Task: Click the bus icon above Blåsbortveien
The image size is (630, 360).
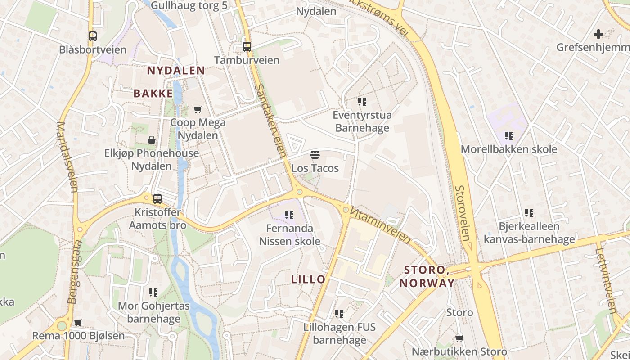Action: click(x=93, y=36)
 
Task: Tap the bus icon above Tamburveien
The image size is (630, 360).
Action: click(x=247, y=46)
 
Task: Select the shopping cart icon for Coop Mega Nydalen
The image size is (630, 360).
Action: click(x=198, y=109)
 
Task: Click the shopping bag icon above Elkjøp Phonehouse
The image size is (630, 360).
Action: click(x=152, y=140)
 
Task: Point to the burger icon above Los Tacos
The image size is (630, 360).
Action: click(x=315, y=155)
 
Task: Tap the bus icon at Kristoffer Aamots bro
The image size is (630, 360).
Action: click(x=157, y=198)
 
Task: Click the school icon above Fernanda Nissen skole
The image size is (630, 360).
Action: click(x=289, y=215)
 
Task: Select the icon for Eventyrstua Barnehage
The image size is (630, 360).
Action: click(x=362, y=102)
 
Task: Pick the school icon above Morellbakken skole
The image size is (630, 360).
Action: click(x=509, y=135)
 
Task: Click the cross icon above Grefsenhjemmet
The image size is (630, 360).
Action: click(x=598, y=34)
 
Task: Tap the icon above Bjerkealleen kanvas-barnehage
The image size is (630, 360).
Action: click(x=529, y=212)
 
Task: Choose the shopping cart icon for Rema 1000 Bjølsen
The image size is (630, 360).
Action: click(x=78, y=322)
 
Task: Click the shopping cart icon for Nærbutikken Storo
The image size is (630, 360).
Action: click(x=459, y=338)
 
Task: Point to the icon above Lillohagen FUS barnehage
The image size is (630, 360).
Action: click(x=339, y=313)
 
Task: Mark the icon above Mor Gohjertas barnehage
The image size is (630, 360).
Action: click(x=153, y=292)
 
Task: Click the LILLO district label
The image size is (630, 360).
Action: click(x=308, y=279)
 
